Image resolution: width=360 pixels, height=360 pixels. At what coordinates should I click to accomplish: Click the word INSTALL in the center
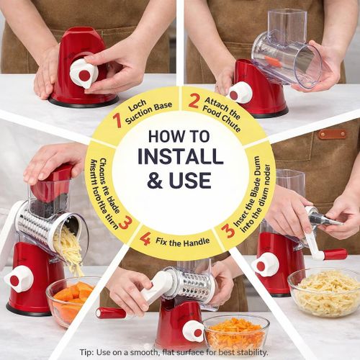tap(180, 156)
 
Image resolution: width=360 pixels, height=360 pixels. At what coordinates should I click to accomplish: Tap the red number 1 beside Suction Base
tap(117, 120)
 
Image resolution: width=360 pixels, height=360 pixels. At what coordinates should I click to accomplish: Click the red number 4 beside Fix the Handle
tap(145, 238)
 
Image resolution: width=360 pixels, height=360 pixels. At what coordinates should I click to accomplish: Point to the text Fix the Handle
tap(179, 239)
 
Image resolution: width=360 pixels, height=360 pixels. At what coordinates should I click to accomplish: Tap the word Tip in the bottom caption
tap(86, 352)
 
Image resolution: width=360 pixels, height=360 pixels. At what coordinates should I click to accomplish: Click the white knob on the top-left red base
tap(83, 73)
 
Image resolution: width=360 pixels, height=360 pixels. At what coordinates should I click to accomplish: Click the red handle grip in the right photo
tap(335, 254)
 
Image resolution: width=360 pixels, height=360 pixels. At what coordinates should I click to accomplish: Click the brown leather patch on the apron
tap(332, 134)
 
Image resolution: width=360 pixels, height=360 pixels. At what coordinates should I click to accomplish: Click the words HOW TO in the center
tap(180, 135)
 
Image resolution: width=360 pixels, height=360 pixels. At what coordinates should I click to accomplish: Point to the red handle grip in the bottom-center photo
tap(112, 312)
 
